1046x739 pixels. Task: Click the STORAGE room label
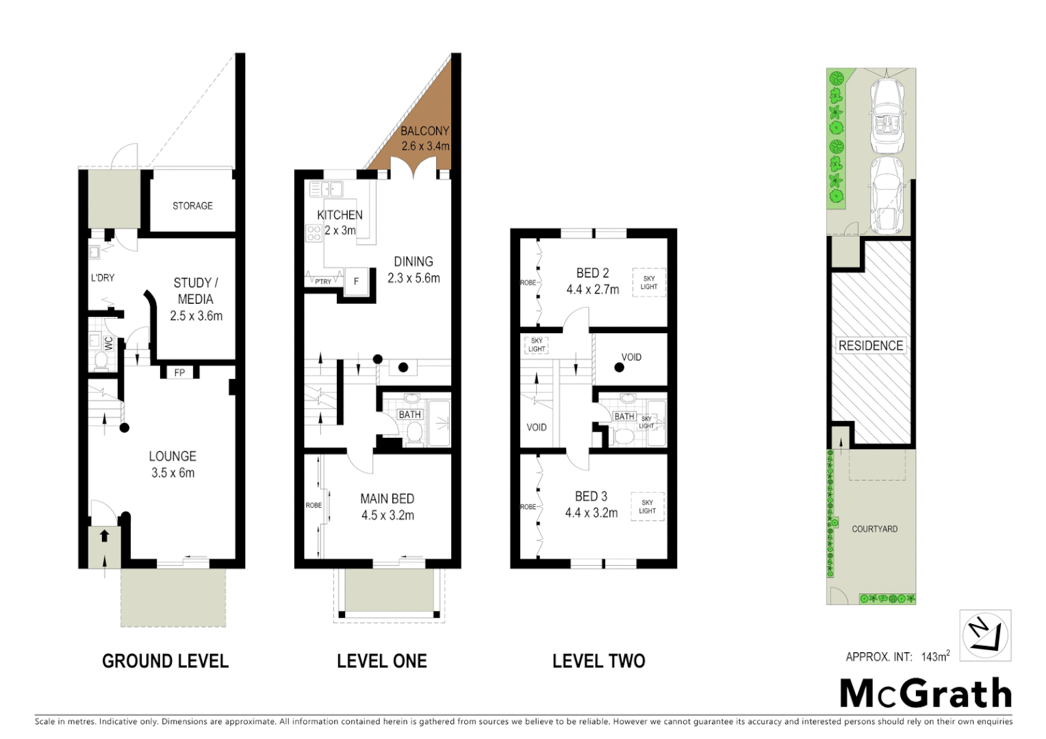tap(192, 205)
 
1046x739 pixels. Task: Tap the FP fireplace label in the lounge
tap(179, 373)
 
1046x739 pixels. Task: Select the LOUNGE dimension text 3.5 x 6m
tap(173, 473)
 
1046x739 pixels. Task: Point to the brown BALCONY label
tap(424, 131)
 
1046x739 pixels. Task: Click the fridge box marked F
tap(356, 281)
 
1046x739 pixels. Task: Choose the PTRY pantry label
tap(323, 281)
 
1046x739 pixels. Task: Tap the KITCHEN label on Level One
tap(340, 215)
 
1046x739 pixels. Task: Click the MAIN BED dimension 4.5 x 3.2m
tap(387, 515)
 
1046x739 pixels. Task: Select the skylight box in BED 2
tap(648, 282)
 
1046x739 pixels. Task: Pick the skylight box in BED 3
tap(647, 507)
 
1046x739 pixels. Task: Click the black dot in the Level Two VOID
tap(619, 367)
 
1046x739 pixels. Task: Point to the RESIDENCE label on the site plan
tap(871, 346)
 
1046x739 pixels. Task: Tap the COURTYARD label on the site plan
tap(874, 529)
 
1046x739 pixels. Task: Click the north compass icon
tap(985, 635)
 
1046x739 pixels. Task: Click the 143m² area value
tap(935, 657)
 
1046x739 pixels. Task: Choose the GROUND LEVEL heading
tap(165, 661)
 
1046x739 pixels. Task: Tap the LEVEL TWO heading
tap(598, 661)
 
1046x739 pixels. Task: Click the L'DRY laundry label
tap(103, 278)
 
